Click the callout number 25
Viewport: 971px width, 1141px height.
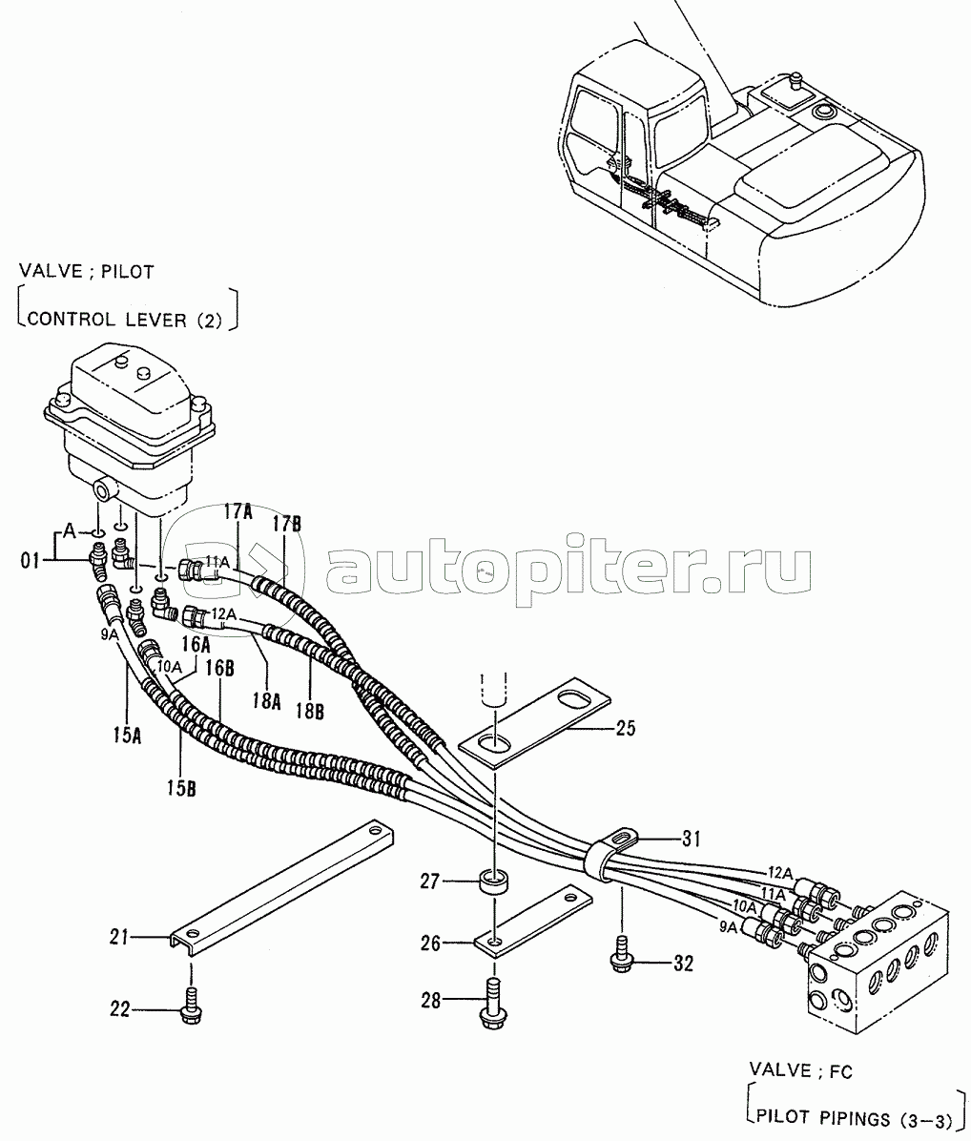(626, 728)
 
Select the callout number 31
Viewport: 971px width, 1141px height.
(691, 839)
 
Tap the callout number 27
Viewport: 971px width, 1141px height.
(430, 882)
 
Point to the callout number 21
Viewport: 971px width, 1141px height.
(119, 937)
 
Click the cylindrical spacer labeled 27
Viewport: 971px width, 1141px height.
(494, 880)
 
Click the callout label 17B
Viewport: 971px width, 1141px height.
(286, 524)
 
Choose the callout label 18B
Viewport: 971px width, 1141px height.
(310, 710)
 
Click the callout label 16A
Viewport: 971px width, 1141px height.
(196, 644)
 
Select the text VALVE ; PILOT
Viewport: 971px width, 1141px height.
(87, 272)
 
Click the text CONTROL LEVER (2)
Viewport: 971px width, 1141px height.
(124, 320)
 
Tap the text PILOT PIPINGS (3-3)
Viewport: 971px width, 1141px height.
(852, 1117)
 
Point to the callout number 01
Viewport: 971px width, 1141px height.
(30, 561)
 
